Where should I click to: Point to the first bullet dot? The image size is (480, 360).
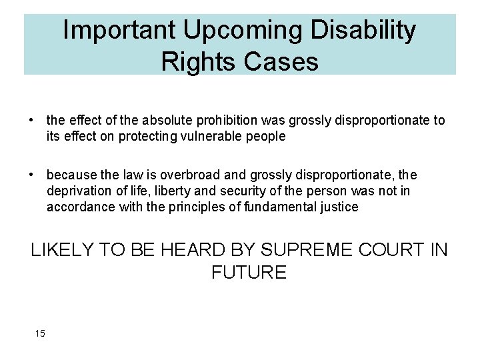pyautogui.click(x=31, y=121)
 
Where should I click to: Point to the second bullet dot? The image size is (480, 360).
pyautogui.click(x=31, y=175)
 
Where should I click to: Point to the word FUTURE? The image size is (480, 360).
pyautogui.click(x=249, y=272)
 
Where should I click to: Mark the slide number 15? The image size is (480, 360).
pyautogui.click(x=40, y=333)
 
